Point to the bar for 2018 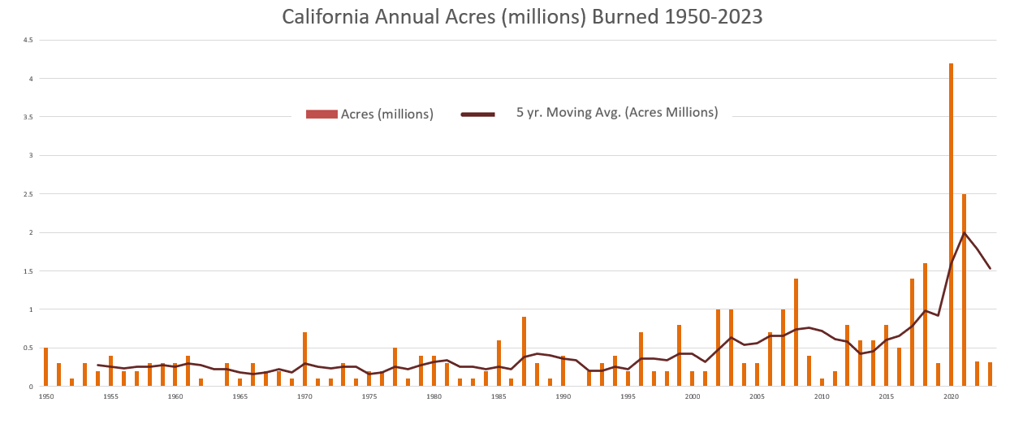925,325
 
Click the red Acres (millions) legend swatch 321,115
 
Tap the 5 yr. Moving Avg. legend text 617,113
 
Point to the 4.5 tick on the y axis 28,40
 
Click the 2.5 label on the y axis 28,194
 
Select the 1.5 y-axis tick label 28,270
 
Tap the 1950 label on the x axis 45,397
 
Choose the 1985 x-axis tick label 499,397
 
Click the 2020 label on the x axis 951,397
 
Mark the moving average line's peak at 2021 964,233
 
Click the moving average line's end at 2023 990,268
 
